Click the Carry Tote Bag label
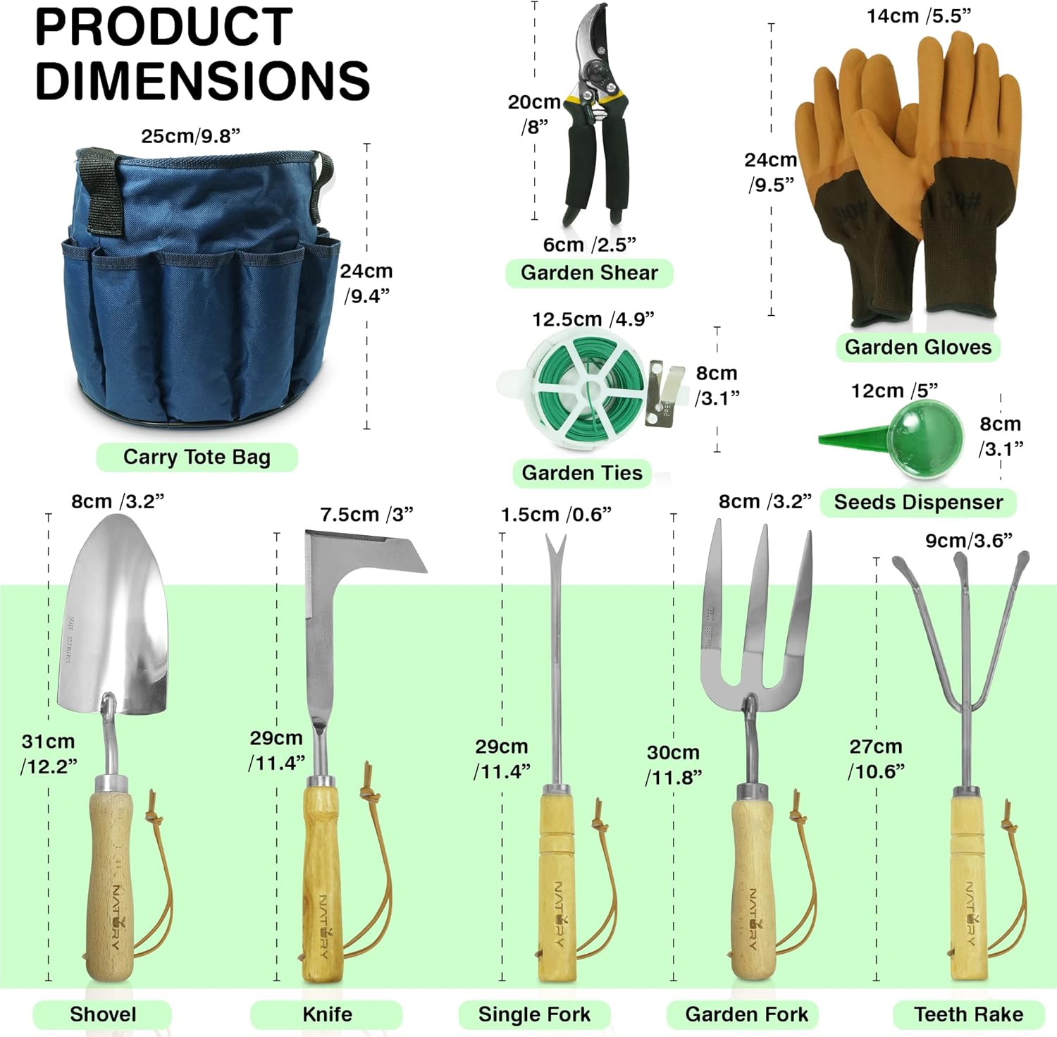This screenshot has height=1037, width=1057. [x=197, y=457]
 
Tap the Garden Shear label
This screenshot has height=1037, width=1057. [x=589, y=273]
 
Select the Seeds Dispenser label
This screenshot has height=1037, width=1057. [x=918, y=502]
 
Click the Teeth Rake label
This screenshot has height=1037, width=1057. [x=968, y=1014]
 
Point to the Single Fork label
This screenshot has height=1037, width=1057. [x=534, y=1014]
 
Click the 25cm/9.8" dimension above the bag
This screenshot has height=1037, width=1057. [x=190, y=136]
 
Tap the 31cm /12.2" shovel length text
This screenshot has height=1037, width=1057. [x=49, y=754]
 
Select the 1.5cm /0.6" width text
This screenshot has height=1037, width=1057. [x=556, y=515]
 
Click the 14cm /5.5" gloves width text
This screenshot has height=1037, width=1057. [x=919, y=16]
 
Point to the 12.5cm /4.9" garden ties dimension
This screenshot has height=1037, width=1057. [x=593, y=319]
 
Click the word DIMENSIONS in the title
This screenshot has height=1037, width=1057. [x=202, y=80]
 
